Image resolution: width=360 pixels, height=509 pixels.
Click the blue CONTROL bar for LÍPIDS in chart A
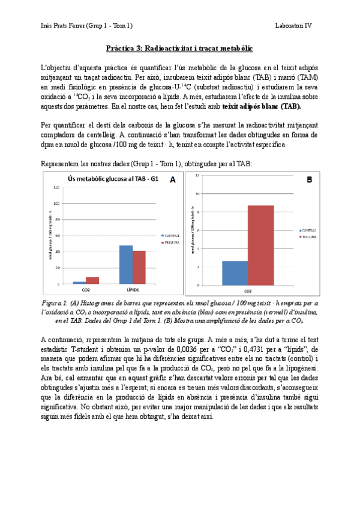[x=126, y=264]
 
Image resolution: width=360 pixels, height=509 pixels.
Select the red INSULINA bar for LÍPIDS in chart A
[x=139, y=267]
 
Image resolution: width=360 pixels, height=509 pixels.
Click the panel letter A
[x=173, y=179]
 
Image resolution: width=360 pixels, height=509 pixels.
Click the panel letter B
[x=310, y=179]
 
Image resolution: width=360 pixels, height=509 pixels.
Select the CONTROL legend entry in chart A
[x=170, y=236]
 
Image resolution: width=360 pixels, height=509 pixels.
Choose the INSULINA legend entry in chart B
[x=308, y=236]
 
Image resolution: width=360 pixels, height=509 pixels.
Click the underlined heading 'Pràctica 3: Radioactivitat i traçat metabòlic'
[x=179, y=47]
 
